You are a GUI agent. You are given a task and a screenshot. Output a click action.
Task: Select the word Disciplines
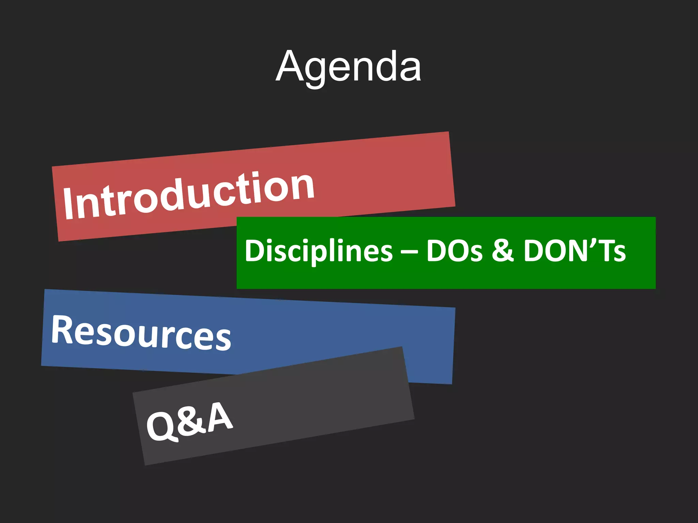[319, 251]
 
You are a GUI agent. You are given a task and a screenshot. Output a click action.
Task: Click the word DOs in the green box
[454, 251]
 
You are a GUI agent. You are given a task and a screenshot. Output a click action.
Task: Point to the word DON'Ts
[574, 251]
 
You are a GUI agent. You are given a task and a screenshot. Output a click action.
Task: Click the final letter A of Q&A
[220, 416]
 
